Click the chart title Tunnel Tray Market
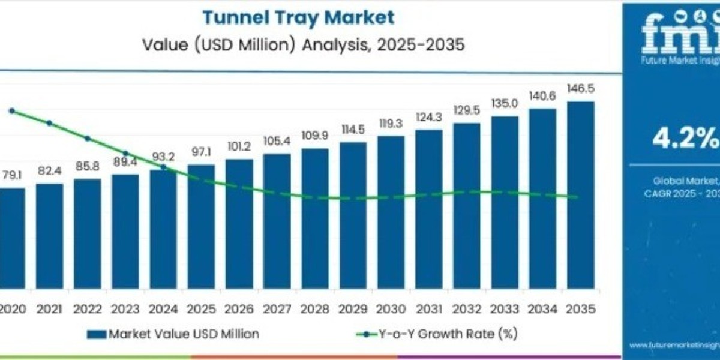298,17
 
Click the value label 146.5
580,89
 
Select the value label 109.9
314,136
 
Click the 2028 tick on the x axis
314,309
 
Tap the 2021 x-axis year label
49,309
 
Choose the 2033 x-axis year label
504,309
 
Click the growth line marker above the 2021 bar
49,123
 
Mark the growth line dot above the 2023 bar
125,154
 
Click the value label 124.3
428,116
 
